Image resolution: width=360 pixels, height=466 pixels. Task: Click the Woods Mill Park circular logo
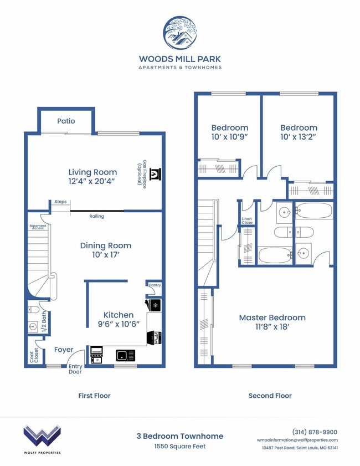[180, 33]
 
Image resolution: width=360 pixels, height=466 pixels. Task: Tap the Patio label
[66, 121]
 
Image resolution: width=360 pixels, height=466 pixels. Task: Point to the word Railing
[96, 216]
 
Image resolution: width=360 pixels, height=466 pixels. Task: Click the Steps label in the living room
[60, 202]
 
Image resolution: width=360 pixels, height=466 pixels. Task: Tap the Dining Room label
[106, 245]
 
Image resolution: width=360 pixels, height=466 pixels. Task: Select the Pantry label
[155, 285]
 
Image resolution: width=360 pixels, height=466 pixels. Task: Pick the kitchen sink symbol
[126, 355]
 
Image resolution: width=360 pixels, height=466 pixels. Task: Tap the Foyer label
[64, 350]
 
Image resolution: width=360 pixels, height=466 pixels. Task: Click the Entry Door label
[75, 369]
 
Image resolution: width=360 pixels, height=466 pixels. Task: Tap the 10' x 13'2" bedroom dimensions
[299, 136]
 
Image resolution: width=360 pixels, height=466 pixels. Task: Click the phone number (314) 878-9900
[314, 432]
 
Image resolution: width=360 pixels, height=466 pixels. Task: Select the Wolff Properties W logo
[42, 436]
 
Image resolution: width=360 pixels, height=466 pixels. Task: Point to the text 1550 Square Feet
[180, 446]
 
